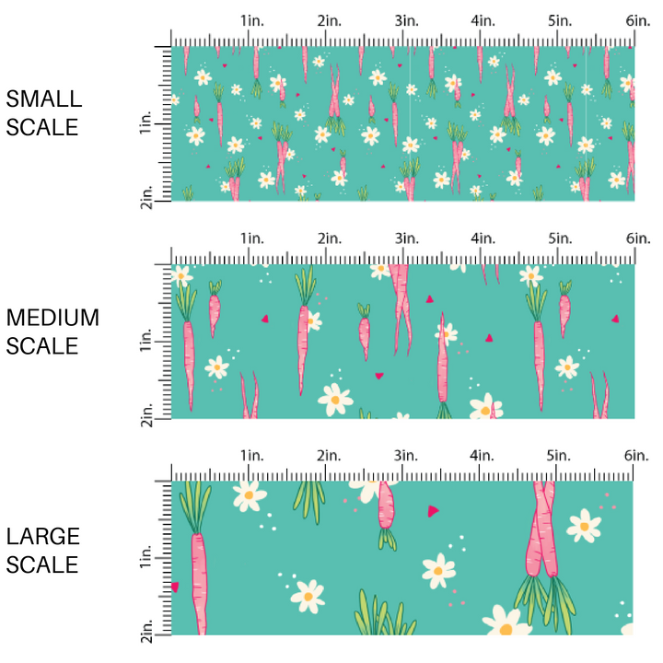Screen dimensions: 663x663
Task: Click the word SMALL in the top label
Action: pyautogui.click(x=43, y=99)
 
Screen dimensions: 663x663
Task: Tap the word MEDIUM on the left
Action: pyautogui.click(x=52, y=318)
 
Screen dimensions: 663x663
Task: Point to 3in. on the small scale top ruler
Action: pyautogui.click(x=405, y=20)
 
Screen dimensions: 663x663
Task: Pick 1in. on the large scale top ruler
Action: pyautogui.click(x=251, y=457)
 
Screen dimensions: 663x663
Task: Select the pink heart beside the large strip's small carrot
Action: pyautogui.click(x=433, y=510)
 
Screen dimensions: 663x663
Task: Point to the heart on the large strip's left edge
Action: pyautogui.click(x=175, y=586)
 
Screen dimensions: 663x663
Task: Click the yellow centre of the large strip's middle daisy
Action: pyautogui.click(x=438, y=570)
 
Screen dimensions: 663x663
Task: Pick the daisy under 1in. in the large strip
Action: pyautogui.click(x=249, y=497)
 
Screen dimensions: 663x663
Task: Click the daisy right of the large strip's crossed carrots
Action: pyautogui.click(x=584, y=526)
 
